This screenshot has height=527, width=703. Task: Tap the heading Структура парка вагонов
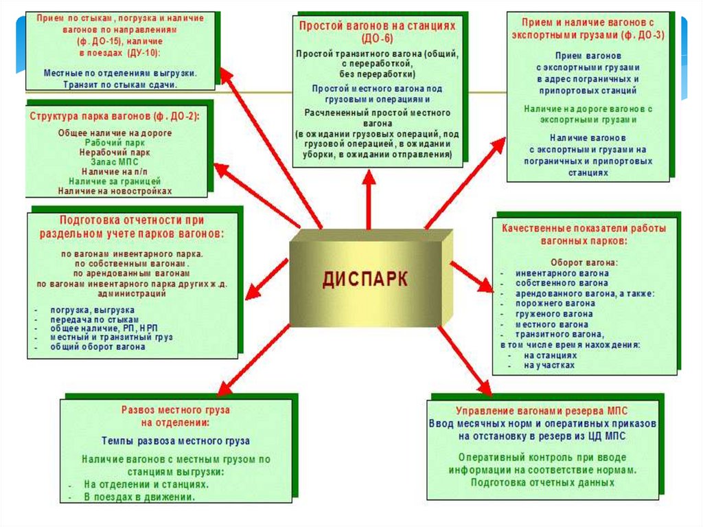114,117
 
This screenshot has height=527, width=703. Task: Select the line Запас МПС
114,161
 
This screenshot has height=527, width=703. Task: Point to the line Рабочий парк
114,142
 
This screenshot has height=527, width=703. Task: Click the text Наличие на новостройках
114,191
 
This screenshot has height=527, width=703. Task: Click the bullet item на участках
549,366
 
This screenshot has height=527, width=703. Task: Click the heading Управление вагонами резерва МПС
542,411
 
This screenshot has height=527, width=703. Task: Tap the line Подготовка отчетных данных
542,482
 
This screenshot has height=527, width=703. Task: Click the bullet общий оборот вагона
97,348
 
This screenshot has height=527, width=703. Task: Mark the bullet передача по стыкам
91,319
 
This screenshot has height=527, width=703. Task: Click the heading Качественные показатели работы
584,228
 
